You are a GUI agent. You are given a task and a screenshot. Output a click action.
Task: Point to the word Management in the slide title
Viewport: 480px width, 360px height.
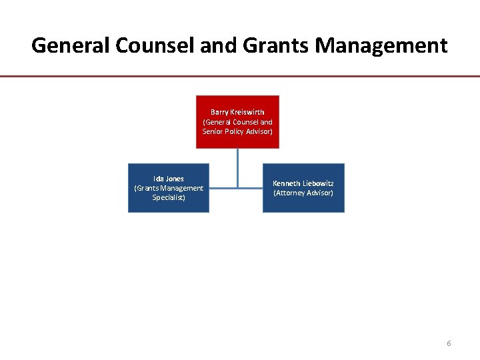point(381,45)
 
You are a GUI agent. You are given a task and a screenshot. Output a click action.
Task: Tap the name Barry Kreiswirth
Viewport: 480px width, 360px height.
point(237,112)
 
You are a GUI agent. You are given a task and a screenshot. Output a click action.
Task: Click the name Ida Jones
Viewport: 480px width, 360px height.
point(169,179)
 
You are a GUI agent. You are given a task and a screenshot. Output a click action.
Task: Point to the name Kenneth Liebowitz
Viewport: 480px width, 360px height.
point(303,183)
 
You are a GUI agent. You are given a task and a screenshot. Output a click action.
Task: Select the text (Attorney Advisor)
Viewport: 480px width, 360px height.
point(303,193)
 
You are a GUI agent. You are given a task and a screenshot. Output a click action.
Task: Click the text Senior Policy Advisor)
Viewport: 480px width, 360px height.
point(237,131)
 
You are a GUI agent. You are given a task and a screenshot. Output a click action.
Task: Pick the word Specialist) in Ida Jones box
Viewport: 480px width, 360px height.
point(169,197)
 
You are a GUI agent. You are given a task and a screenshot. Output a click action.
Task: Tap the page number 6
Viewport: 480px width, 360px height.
point(449,343)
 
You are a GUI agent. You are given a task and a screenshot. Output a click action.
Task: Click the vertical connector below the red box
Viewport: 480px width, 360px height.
point(237,167)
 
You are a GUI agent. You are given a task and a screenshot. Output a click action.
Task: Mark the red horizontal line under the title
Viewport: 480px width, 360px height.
point(240,77)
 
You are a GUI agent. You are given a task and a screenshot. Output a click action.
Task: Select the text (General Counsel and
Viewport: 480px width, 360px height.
point(237,122)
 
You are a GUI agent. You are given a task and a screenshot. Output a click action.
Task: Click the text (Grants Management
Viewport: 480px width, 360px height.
point(169,188)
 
